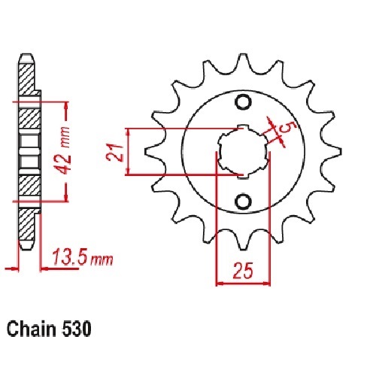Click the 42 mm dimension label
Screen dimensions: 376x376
[x=63, y=150]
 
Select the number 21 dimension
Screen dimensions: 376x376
[x=114, y=153]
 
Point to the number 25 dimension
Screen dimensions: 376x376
[x=243, y=271]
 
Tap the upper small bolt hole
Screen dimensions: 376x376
[x=243, y=102]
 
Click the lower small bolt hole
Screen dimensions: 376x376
[x=243, y=201]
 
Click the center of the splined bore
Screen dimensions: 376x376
[x=243, y=151]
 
